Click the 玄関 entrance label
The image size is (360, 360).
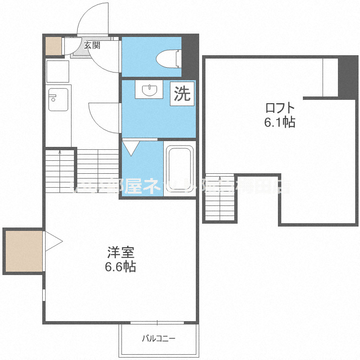tap(92, 46)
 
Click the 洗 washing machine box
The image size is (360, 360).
tap(182, 94)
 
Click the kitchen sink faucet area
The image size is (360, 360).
tap(52, 98)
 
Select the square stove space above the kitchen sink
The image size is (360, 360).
tap(58, 71)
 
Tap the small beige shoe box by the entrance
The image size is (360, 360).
tap(53, 45)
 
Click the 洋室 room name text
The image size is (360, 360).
tap(120, 252)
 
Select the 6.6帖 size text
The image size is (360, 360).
tap(120, 266)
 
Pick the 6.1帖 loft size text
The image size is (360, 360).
tap(279, 122)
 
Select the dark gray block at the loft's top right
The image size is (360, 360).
tap(348, 77)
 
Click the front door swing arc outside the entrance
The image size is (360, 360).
tap(94, 19)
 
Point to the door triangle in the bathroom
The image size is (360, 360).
tap(131, 147)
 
